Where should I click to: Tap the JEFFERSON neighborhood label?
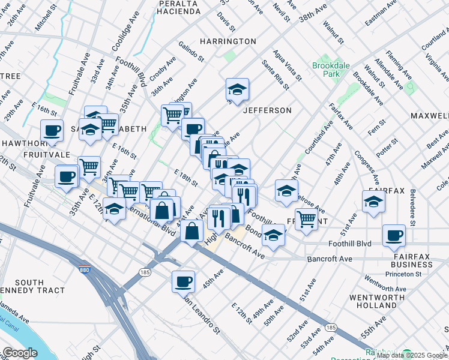coord(267,110)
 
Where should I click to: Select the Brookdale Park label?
coord(326,70)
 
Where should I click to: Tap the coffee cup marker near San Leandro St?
coord(183,281)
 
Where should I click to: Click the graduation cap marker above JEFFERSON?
coord(237,90)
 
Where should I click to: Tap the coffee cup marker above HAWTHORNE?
coord(52,130)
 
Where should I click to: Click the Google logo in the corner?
coord(20,353)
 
